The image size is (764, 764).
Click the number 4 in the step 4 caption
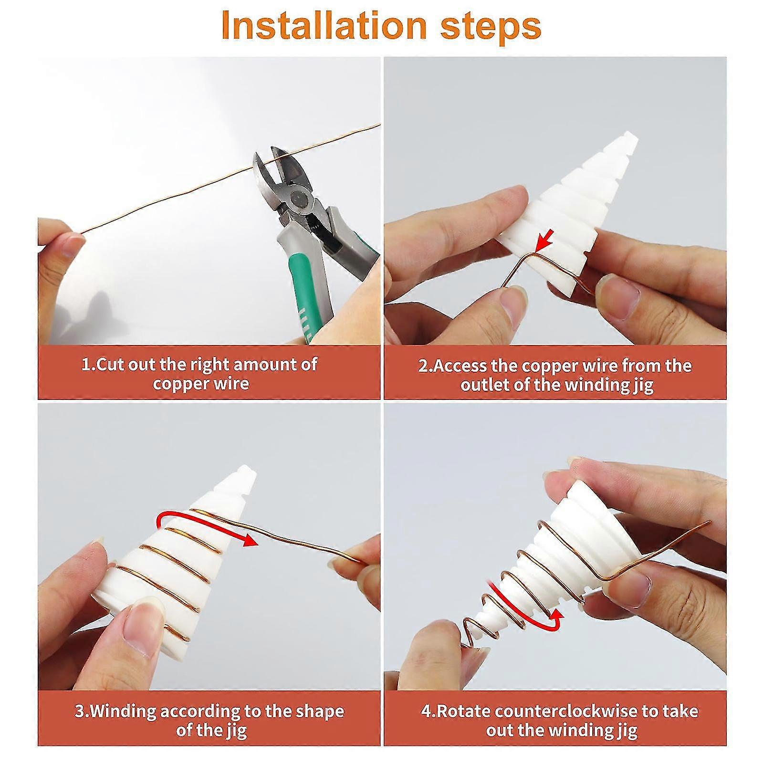(425, 711)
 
